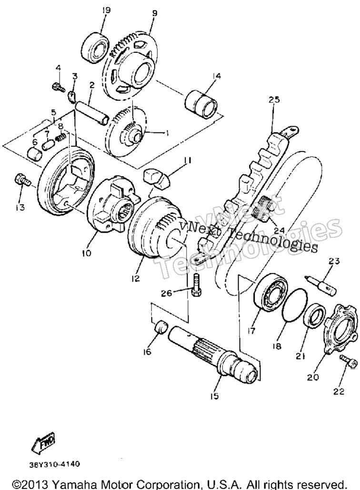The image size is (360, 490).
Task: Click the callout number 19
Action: [x=106, y=10]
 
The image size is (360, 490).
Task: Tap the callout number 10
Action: [x=87, y=253]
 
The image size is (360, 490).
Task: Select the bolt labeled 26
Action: [x=195, y=285]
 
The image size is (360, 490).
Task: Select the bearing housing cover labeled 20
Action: [x=339, y=344]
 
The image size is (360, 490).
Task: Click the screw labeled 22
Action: [x=348, y=366]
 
